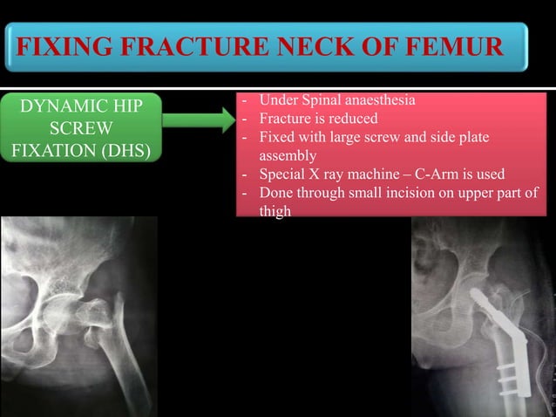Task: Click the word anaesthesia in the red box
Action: click(x=376, y=100)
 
